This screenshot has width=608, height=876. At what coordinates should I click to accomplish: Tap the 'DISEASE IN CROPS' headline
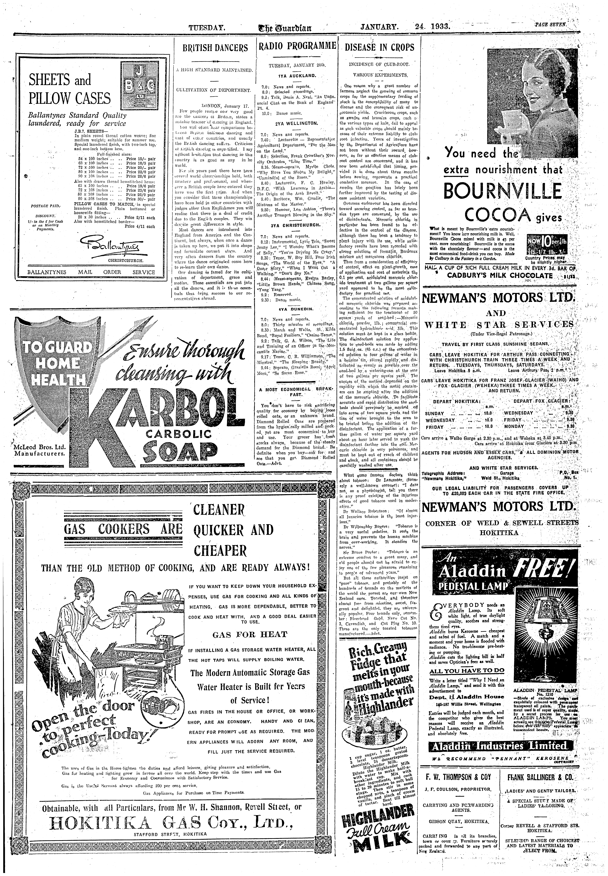point(379,47)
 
